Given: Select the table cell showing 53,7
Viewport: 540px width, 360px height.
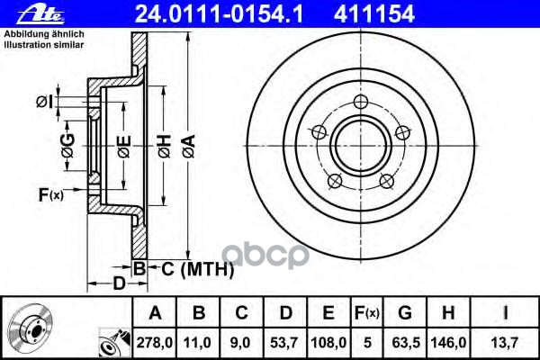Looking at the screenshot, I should pos(287,341).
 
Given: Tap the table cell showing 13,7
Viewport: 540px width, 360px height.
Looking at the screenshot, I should pos(508,341).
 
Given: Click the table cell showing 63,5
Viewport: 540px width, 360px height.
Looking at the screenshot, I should pos(405,341).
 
